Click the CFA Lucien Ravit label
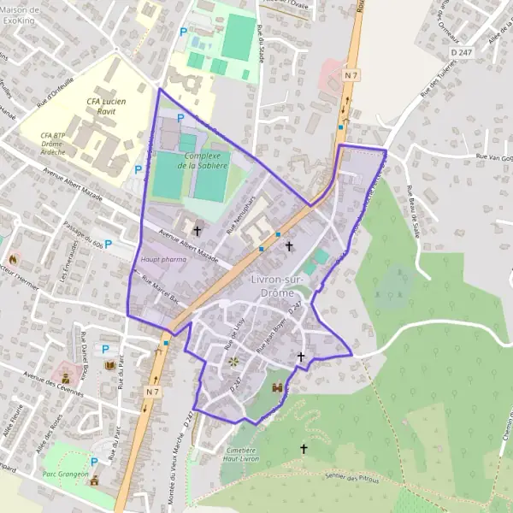(x=106, y=107)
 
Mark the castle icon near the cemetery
(x=276, y=387)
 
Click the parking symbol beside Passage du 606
(x=109, y=243)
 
